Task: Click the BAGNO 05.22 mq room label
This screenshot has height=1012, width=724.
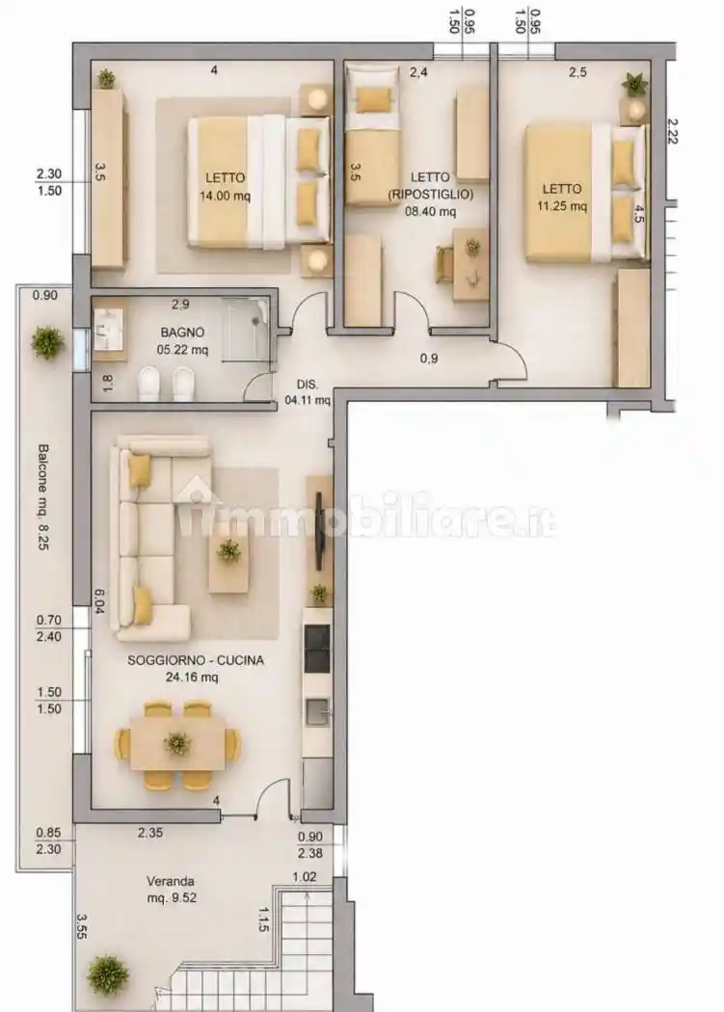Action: pos(183,341)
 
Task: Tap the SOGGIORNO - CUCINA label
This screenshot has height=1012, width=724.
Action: pos(196,660)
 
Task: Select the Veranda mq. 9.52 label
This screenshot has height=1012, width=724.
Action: pos(172,890)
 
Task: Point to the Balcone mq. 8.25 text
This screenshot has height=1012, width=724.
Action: pos(42,496)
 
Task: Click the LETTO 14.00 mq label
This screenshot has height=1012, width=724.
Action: pos(225,187)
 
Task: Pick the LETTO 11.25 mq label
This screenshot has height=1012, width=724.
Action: pos(561,198)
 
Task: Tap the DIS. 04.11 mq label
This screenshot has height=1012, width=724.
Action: pos(308,391)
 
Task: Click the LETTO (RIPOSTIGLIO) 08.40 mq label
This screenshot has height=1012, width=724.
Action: pos(430,194)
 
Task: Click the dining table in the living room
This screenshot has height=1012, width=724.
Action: pos(177,743)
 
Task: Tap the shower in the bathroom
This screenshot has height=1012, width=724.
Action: pos(246,330)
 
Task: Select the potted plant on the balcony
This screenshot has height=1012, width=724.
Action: pos(48,342)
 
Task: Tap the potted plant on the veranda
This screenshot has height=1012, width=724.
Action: pos(108,974)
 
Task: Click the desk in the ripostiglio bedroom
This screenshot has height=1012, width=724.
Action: pos(470,264)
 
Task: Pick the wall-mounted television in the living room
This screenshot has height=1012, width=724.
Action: pos(318,531)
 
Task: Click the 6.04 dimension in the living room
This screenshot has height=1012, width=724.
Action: pos(99,600)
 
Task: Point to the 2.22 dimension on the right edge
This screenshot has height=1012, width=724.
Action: pos(672,130)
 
